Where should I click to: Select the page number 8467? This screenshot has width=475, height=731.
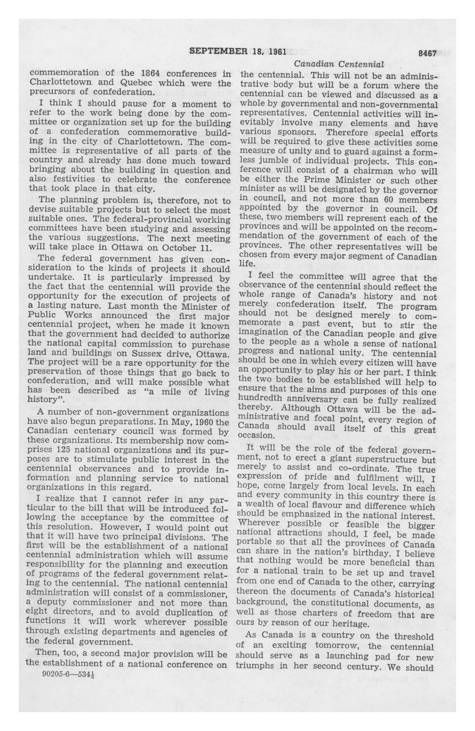pyautogui.click(x=427, y=54)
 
